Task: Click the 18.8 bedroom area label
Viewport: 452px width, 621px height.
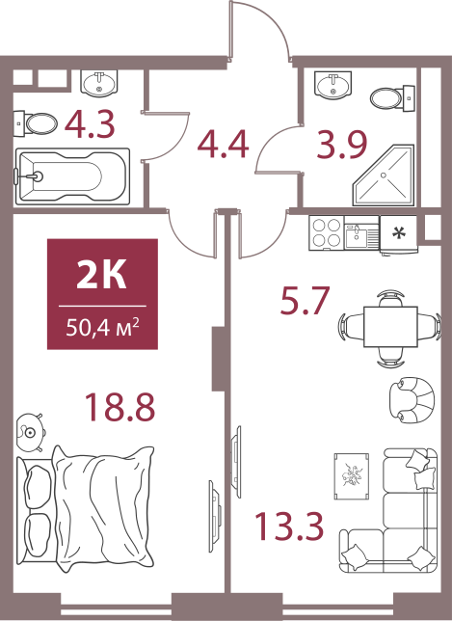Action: [x=120, y=407]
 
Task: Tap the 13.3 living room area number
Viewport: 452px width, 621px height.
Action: [x=289, y=526]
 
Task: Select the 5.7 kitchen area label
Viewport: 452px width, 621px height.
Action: [x=305, y=300]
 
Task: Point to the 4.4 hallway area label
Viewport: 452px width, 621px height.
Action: [x=224, y=144]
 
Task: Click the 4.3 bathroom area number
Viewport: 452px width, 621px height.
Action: [x=90, y=124]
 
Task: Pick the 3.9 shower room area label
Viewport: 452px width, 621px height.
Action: [x=342, y=145]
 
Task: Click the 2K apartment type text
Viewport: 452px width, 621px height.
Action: [x=102, y=274]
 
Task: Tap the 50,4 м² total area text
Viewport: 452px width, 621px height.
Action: [x=102, y=328]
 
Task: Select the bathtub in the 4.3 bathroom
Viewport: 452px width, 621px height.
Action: [x=72, y=176]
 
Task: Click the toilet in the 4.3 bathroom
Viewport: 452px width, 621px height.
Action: [x=36, y=123]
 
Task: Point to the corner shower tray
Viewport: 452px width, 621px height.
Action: [x=384, y=175]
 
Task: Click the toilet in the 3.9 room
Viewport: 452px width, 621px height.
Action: [x=392, y=97]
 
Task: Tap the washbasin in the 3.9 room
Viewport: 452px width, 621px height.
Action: [x=332, y=85]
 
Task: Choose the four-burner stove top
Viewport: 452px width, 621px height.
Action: [x=327, y=233]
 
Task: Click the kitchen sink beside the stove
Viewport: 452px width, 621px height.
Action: [x=361, y=232]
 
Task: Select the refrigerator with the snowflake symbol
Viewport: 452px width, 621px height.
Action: [x=399, y=234]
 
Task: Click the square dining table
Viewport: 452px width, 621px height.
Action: [x=390, y=327]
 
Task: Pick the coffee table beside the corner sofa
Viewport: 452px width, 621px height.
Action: [x=352, y=476]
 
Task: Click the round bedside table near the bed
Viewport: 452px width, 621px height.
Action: [x=31, y=432]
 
